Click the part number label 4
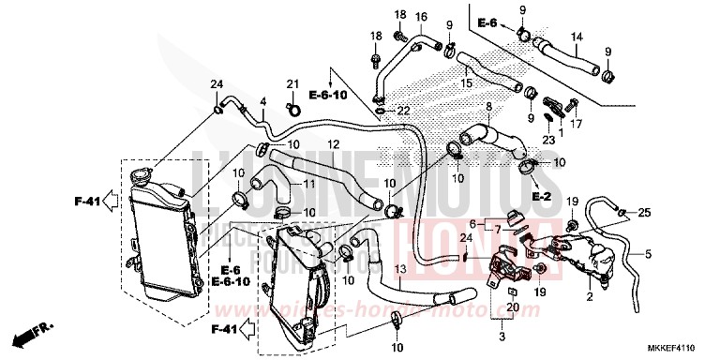tap(263, 101)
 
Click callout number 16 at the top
tap(421, 17)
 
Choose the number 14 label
tap(577, 37)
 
